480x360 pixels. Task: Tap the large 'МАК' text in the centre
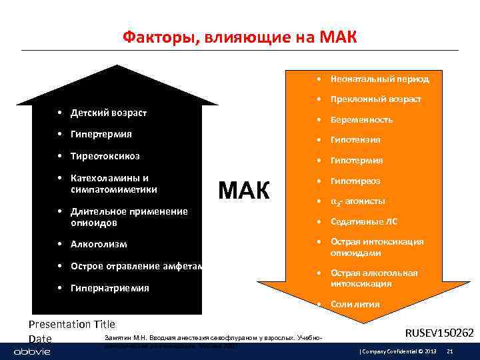tap(245, 191)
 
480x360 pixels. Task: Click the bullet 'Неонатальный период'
tap(379, 79)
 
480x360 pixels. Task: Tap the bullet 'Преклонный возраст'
tap(375, 99)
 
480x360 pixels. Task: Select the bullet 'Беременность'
tap(361, 120)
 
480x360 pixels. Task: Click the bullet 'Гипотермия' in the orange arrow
tap(357, 161)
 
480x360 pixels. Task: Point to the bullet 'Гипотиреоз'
tap(355, 181)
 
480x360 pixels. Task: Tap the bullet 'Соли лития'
tap(355, 305)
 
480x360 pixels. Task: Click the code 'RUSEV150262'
tap(439, 332)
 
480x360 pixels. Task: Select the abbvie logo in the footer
tap(28, 351)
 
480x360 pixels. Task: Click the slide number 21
tap(450, 351)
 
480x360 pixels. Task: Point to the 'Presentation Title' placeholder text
tap(72, 325)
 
